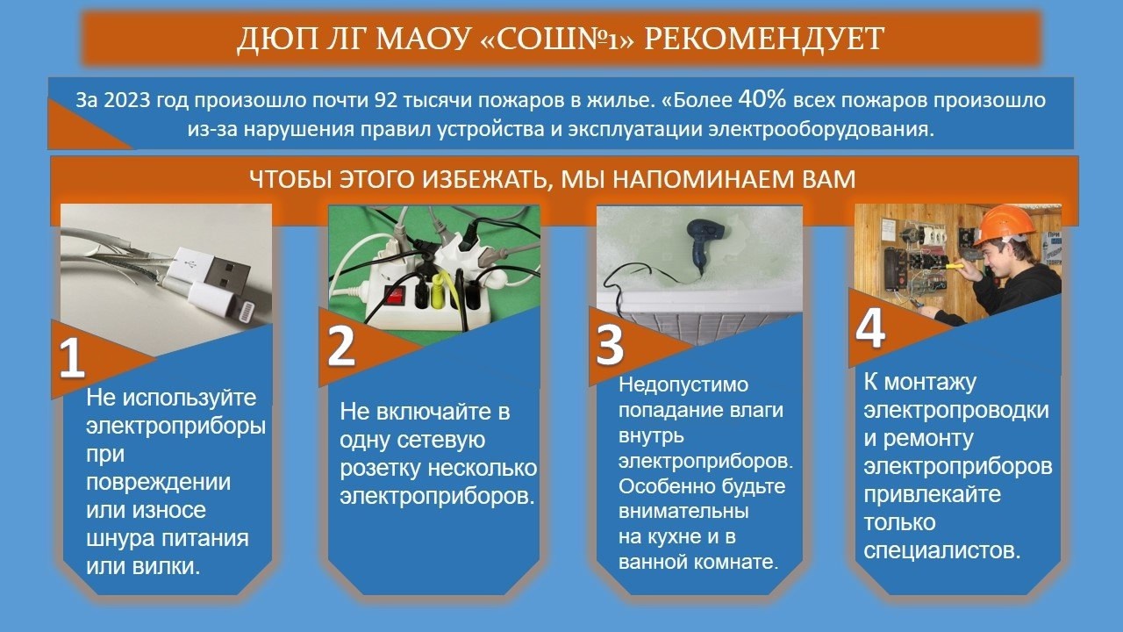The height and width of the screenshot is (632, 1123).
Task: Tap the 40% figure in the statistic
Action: [762, 99]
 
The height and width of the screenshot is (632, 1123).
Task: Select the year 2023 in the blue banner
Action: [127, 100]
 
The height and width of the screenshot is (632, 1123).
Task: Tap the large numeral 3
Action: [610, 345]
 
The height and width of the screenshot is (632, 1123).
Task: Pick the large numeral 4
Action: [870, 328]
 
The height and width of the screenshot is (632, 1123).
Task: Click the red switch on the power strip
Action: [393, 295]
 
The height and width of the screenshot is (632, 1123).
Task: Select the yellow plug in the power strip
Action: [437, 290]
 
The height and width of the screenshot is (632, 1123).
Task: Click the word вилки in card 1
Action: [166, 566]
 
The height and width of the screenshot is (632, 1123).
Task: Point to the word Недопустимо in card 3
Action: [683, 384]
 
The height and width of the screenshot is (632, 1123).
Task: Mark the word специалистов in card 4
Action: [942, 550]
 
